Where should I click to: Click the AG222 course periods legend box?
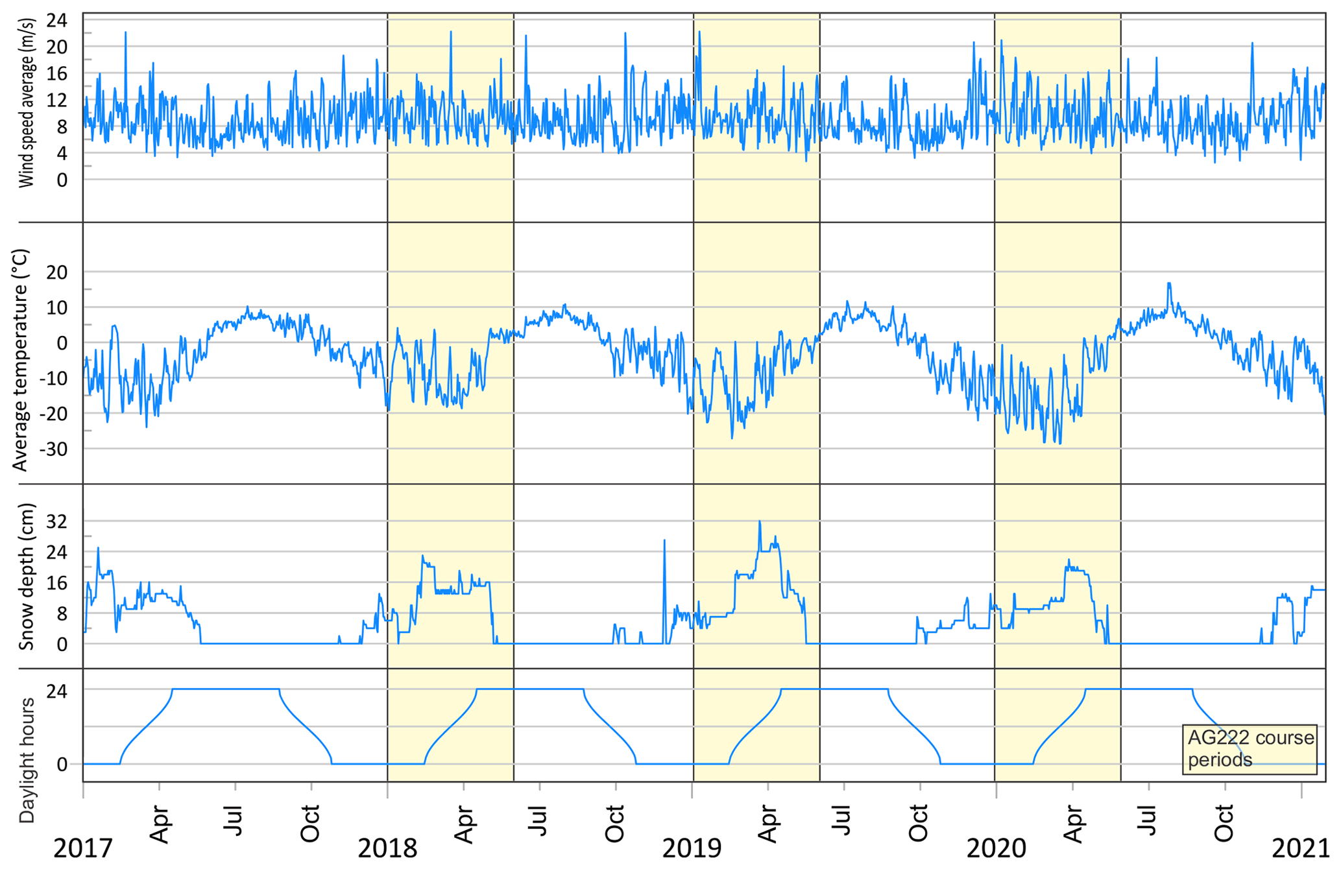click(x=1250, y=749)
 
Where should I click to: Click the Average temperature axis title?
click(x=21, y=360)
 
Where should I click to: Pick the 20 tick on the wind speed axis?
click(x=57, y=47)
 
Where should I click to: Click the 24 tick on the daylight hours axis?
click(x=57, y=691)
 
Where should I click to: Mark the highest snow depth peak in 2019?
click(x=760, y=521)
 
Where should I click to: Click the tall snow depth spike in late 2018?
click(x=664, y=540)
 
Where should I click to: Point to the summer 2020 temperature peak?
click(x=1169, y=283)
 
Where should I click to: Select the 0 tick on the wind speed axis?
click(x=62, y=180)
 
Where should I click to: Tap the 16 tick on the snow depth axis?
click(x=57, y=583)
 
